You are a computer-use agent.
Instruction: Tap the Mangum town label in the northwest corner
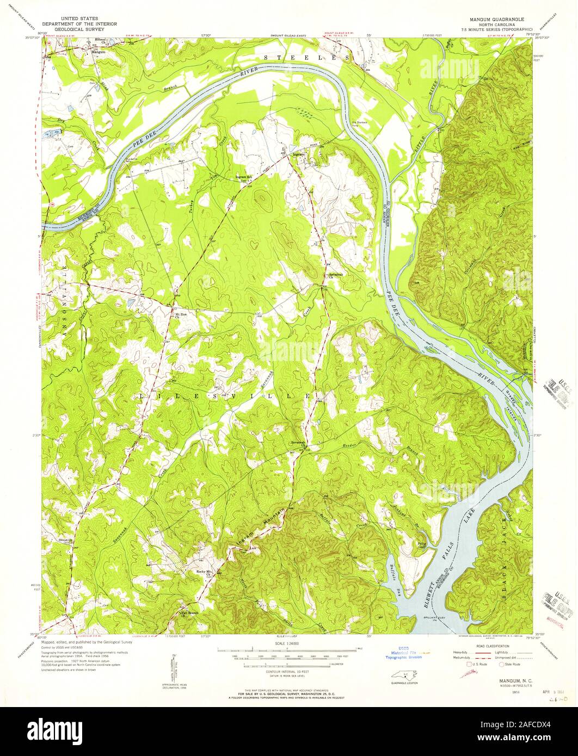pos(98,52)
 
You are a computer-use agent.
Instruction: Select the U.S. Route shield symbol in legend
pos(466,664)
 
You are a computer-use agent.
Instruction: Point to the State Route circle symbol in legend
pos(495,664)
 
